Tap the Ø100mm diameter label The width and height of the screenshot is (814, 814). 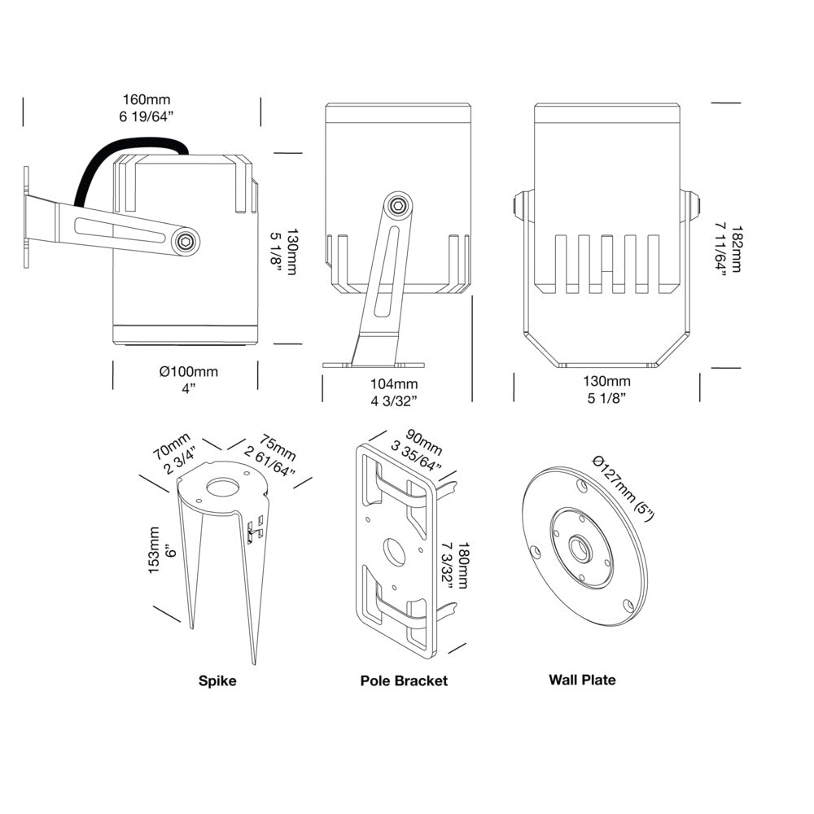tap(189, 371)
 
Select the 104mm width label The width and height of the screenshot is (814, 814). tap(394, 383)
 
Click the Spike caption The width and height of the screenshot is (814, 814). tap(217, 681)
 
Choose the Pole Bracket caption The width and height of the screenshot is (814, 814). tap(404, 681)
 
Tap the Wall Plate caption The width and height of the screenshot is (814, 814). tap(582, 680)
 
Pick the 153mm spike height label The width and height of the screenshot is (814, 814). tap(155, 550)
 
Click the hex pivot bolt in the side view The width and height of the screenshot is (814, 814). tap(186, 240)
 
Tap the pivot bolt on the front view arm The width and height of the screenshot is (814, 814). tap(398, 205)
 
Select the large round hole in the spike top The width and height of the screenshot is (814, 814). tap(221, 489)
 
